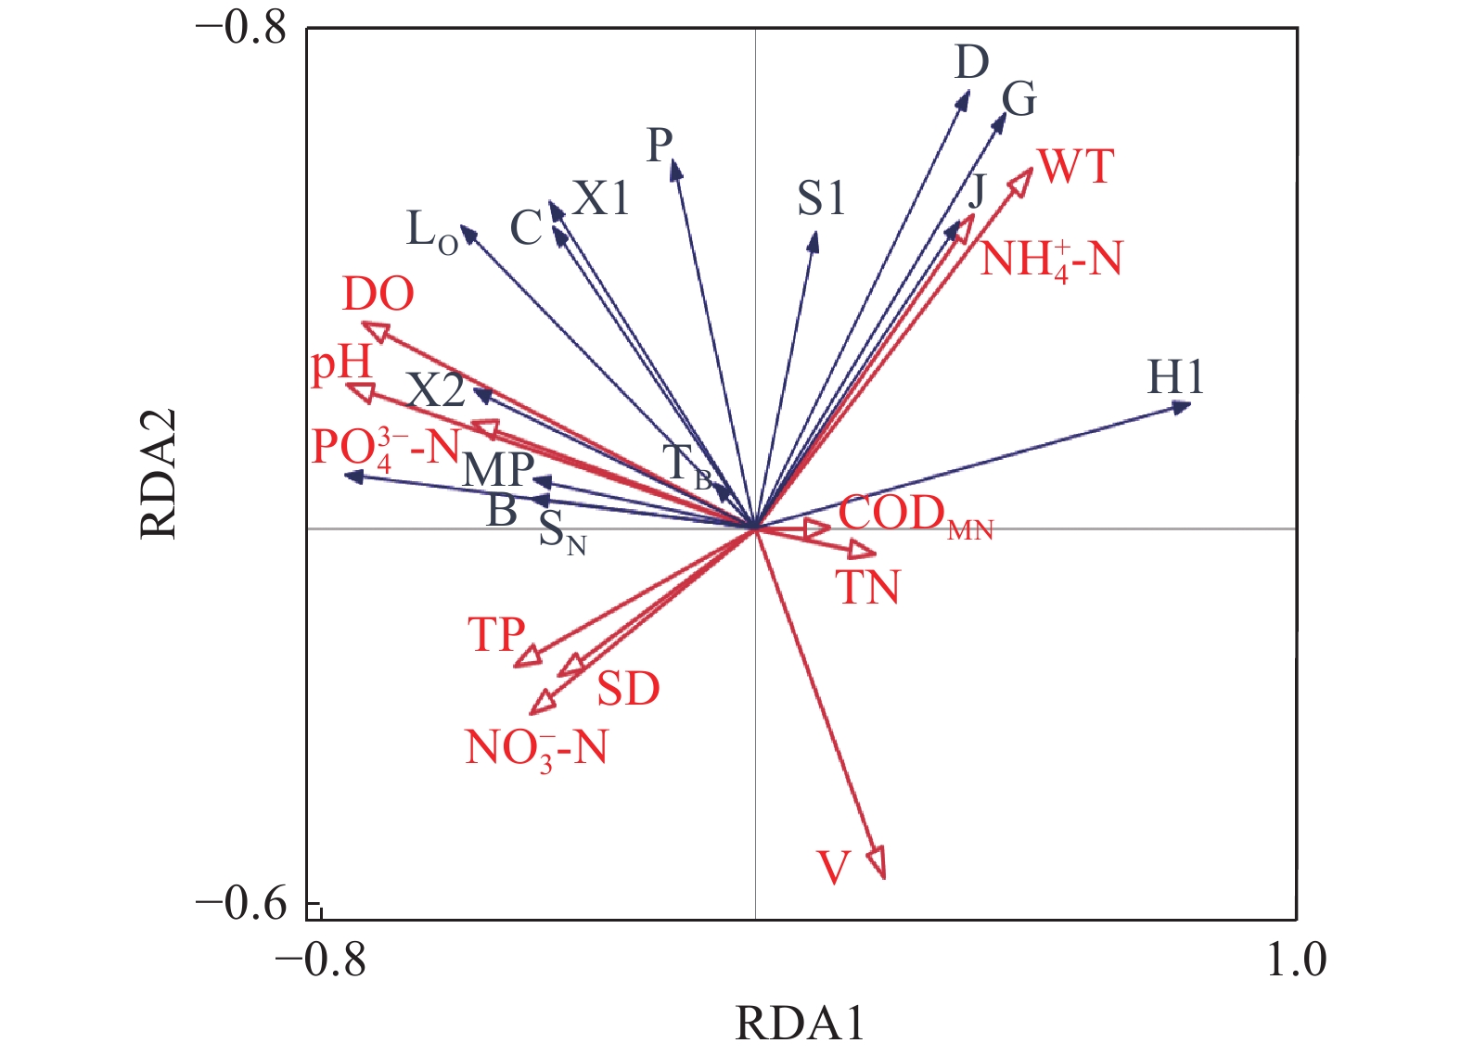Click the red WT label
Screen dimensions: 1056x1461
coord(1076,167)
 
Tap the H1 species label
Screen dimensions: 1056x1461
coord(1175,377)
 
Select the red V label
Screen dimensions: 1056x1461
coord(834,868)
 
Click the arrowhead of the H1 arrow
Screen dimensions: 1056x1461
coord(1181,406)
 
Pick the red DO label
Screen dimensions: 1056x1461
coord(378,295)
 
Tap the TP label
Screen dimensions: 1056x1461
coord(497,635)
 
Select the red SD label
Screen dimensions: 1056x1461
coord(628,689)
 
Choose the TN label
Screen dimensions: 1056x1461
coord(868,588)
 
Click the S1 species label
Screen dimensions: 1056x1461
coord(821,198)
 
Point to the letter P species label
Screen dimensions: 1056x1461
coord(660,145)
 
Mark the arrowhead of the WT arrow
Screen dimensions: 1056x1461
coord(1022,178)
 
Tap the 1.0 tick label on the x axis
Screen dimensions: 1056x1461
coord(1296,960)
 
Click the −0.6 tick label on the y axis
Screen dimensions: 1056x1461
coord(242,903)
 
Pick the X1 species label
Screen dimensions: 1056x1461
coord(601,197)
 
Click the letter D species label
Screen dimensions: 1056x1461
coord(972,63)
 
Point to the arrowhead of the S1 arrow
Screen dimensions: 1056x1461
coord(814,241)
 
